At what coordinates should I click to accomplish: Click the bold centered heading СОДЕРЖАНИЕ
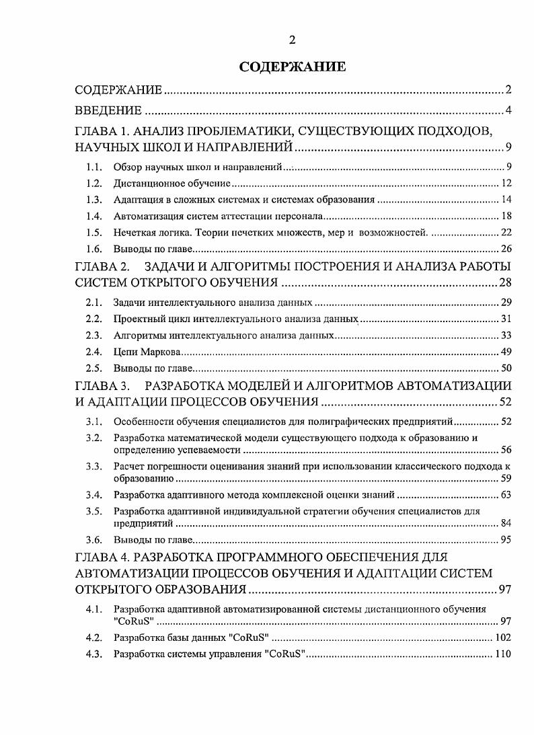pos(293,67)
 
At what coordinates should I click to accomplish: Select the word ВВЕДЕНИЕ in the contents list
pos(108,111)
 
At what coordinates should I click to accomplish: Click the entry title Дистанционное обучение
pos(172,183)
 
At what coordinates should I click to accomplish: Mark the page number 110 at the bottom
pos(504,654)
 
